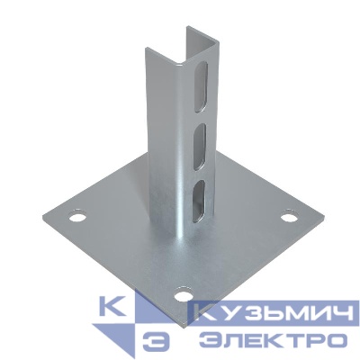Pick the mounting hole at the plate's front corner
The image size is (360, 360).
tap(182, 293)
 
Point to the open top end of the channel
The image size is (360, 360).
tap(203, 38)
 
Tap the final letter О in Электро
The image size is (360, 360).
tap(336, 339)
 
